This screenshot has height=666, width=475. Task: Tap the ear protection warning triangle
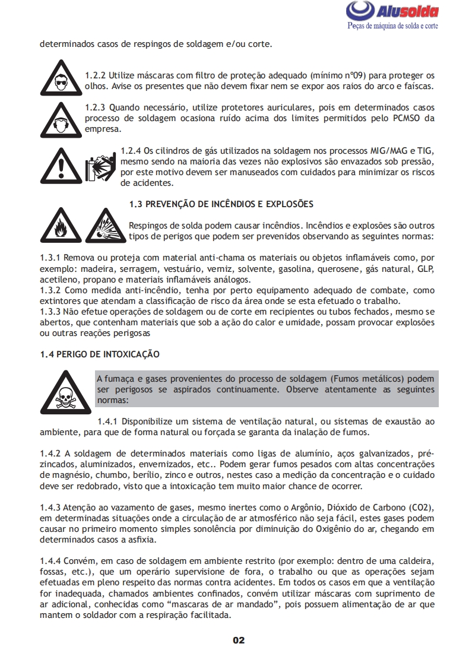pyautogui.click(x=61, y=118)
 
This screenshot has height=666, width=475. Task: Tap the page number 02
pyautogui.click(x=238, y=640)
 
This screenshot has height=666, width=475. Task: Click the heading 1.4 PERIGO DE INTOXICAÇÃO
pyautogui.click(x=100, y=354)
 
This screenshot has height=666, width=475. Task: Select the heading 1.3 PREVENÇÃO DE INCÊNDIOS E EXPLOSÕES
pyautogui.click(x=221, y=204)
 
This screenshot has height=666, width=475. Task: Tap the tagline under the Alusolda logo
pyautogui.click(x=392, y=27)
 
